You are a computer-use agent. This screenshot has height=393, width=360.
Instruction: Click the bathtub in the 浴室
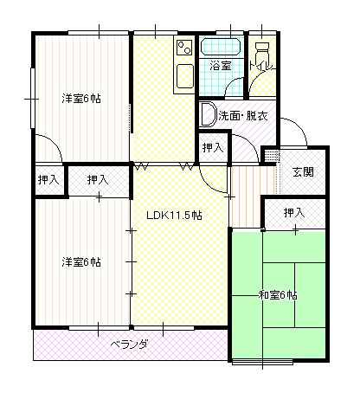pos(221,47)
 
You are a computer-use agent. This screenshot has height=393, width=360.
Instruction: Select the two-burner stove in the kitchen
pos(184,48)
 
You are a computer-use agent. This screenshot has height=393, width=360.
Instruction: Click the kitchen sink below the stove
pos(185,76)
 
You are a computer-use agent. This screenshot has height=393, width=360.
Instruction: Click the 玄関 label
pos(303,172)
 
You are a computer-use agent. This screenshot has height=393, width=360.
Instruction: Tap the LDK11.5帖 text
pos(174,216)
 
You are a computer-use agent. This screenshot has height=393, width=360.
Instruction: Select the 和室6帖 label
pos(278,295)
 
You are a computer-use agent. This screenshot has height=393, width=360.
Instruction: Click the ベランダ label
pos(130,344)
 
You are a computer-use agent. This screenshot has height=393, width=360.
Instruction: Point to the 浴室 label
pos(221,66)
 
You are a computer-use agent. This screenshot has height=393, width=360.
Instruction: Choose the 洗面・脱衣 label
pos(243,116)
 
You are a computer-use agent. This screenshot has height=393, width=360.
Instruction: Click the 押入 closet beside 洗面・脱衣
pos(213,148)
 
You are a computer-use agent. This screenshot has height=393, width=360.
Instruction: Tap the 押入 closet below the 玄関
pos(294,214)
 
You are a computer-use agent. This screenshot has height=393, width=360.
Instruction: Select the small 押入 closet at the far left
pos(48,180)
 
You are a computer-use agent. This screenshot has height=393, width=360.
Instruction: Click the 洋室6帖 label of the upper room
pos(81,99)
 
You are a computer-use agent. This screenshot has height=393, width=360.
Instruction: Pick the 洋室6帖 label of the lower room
pos(81,262)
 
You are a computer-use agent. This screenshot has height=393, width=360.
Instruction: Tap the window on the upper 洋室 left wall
pos(33,98)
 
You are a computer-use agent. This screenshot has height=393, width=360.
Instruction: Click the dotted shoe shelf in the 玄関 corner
pos(273,156)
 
